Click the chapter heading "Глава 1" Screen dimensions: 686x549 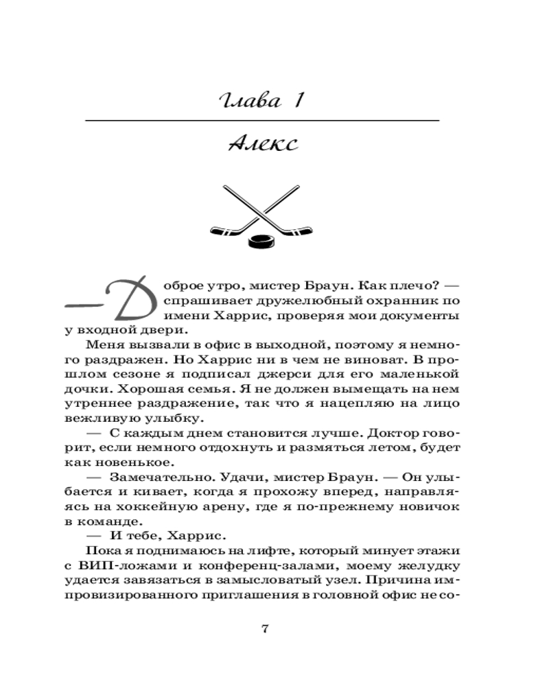[x=261, y=102]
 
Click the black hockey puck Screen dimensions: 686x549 [x=260, y=240]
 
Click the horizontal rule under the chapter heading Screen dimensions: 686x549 [x=261, y=121]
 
